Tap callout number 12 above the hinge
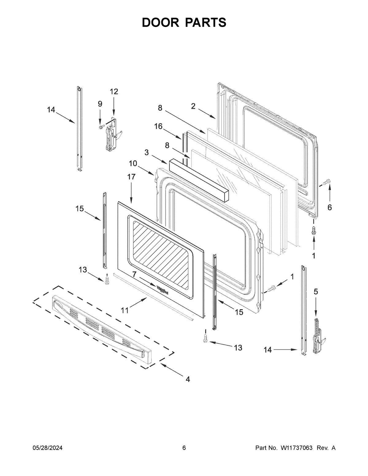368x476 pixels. [114, 91]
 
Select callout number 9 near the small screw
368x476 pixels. [100, 104]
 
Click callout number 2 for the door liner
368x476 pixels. [193, 106]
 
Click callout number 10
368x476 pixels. [133, 163]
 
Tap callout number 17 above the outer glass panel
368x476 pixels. [131, 177]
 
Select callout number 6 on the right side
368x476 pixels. [330, 208]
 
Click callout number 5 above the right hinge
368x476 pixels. [316, 291]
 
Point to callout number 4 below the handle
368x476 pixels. [188, 379]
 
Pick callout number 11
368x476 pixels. [125, 310]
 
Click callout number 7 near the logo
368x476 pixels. [134, 274]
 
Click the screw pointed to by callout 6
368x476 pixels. [327, 182]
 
